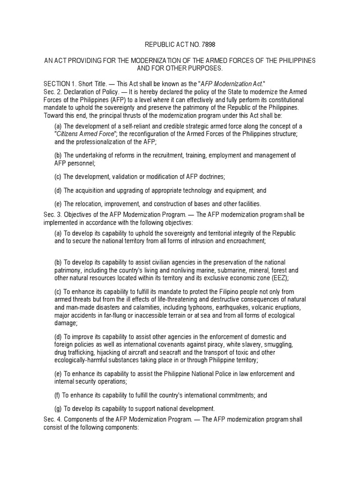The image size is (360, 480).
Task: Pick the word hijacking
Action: (110, 352)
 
